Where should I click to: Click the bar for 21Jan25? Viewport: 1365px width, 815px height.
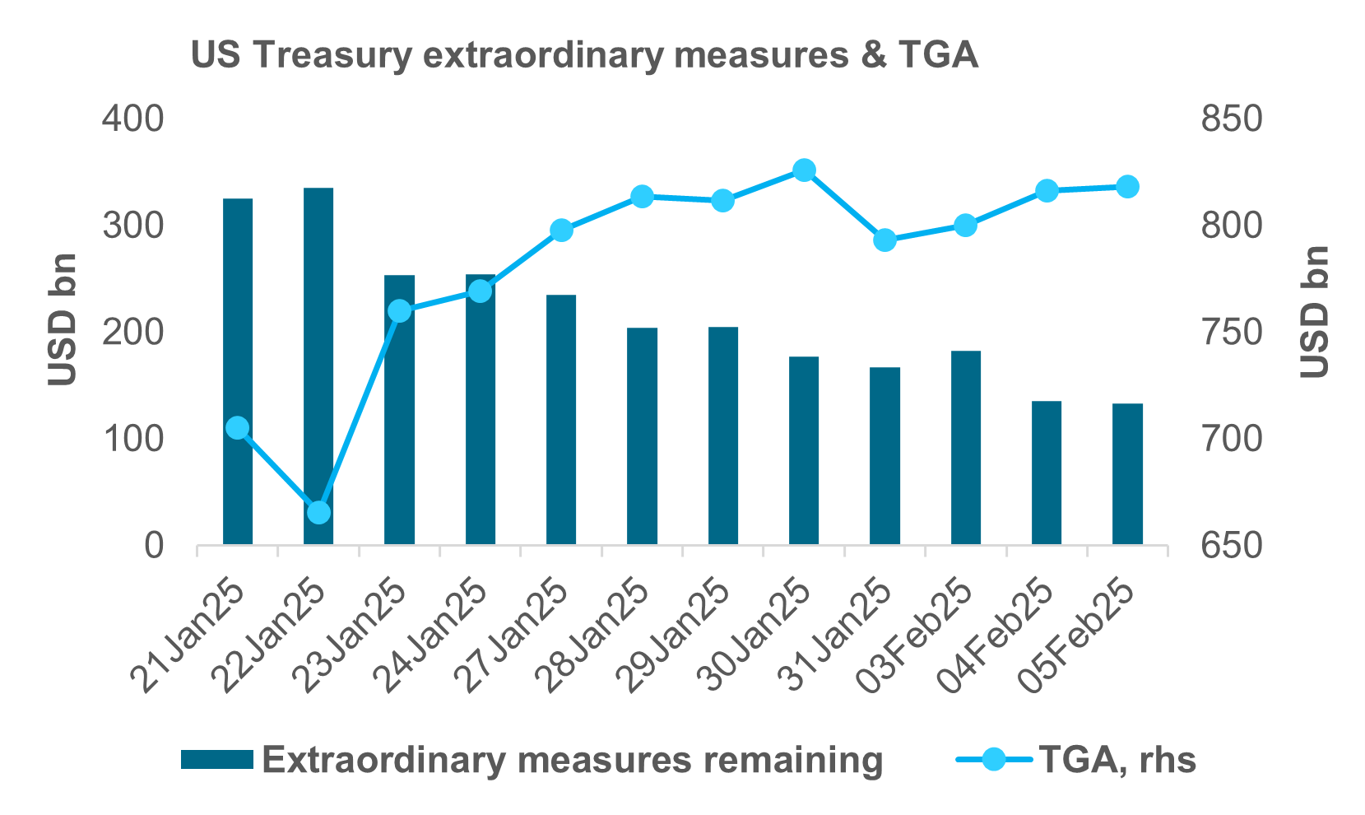pos(238,371)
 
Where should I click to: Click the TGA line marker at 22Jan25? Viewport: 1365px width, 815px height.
pos(318,512)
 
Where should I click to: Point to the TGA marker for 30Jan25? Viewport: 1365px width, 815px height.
pos(805,170)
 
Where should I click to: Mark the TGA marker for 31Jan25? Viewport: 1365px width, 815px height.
pos(885,240)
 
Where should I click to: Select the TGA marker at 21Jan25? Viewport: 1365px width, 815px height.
pos(238,428)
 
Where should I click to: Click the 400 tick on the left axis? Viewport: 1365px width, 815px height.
pos(132,119)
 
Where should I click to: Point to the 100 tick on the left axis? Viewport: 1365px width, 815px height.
pos(132,440)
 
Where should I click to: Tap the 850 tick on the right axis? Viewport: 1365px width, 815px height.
pos(1231,119)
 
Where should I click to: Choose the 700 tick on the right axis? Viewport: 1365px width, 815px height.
pos(1231,440)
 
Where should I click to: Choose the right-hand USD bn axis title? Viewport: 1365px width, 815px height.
pos(1315,313)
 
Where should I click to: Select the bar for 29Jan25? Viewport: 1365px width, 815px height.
pos(723,435)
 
